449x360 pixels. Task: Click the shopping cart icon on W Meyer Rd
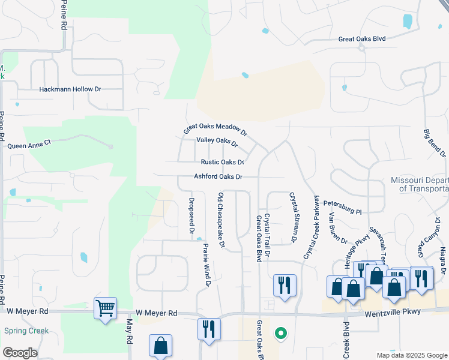(x=106, y=309)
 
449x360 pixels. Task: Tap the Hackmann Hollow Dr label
(x=70, y=89)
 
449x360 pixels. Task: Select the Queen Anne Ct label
(x=31, y=145)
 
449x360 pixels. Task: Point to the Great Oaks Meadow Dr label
(x=215, y=129)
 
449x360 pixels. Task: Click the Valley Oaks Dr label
(x=217, y=142)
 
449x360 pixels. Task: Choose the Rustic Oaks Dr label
(x=223, y=162)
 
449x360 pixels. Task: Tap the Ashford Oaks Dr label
(x=218, y=177)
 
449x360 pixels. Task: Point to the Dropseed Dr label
(x=191, y=215)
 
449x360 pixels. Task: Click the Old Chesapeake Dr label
(x=221, y=220)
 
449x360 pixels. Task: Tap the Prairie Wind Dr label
(x=206, y=265)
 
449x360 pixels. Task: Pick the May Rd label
(x=129, y=331)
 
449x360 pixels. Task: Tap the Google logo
(x=20, y=352)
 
